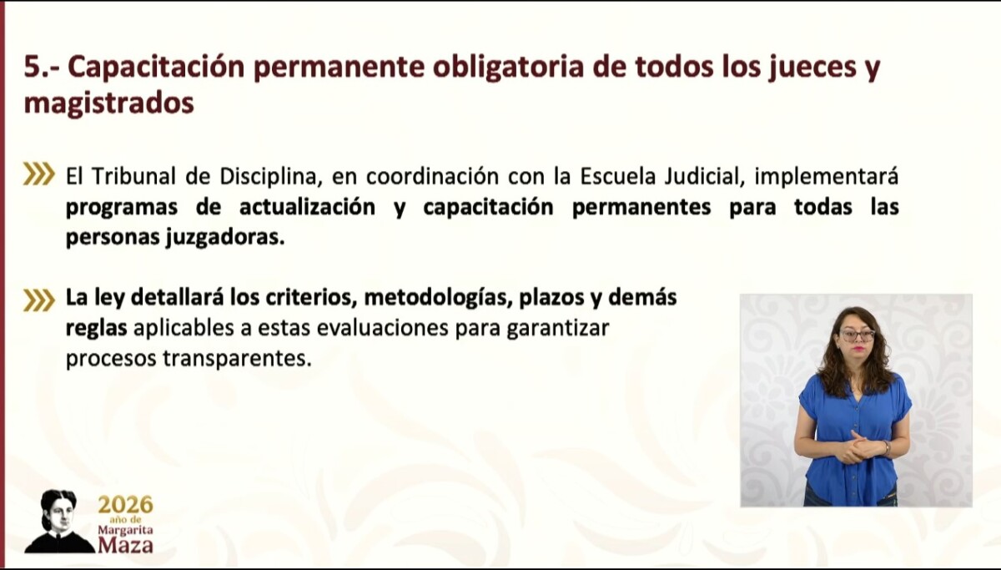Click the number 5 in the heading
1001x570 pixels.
(x=33, y=67)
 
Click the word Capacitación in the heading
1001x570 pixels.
(x=157, y=68)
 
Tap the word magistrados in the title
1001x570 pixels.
(x=109, y=103)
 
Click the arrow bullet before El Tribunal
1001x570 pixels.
(x=39, y=174)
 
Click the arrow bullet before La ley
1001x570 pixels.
(x=39, y=300)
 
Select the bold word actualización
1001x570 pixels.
(x=308, y=207)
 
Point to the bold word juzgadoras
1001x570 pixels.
(x=225, y=238)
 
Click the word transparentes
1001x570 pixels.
(x=237, y=359)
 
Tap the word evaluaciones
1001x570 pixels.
(x=383, y=328)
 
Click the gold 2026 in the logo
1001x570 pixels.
(x=126, y=505)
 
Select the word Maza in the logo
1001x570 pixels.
(x=126, y=545)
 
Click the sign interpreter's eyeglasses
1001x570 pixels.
(x=857, y=335)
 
